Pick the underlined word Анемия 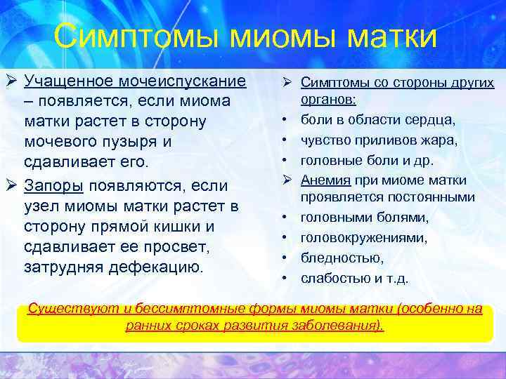[324, 181]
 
